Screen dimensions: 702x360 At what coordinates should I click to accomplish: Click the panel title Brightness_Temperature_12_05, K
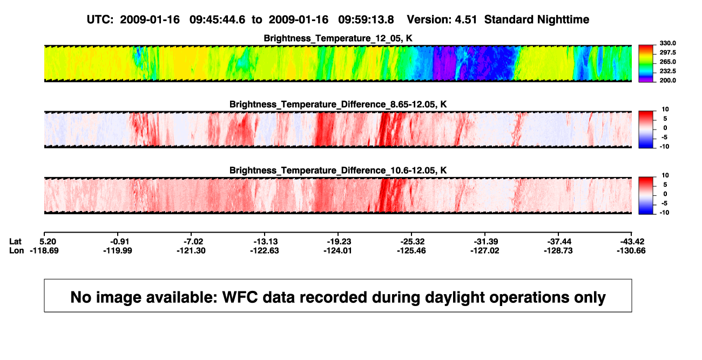(338, 38)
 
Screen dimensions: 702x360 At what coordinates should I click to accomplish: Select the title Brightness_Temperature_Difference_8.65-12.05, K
(338, 104)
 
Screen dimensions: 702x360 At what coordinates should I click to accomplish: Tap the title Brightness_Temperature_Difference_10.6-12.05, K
(338, 171)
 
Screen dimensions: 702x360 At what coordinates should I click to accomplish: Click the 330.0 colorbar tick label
(667, 43)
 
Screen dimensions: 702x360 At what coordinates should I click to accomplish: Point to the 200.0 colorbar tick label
(667, 80)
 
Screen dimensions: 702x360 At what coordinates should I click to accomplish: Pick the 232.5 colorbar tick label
(667, 71)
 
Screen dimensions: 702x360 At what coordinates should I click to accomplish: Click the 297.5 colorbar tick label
(667, 52)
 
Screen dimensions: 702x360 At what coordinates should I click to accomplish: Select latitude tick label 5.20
(48, 242)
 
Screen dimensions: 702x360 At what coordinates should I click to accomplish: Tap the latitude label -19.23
(339, 242)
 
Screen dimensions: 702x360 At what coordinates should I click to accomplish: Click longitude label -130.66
(631, 250)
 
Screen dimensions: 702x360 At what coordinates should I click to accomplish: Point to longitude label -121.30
(191, 250)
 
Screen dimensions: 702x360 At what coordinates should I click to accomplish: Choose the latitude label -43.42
(632, 242)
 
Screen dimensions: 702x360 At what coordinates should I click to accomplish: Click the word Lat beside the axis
(15, 242)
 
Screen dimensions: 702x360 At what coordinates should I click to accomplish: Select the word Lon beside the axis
(16, 250)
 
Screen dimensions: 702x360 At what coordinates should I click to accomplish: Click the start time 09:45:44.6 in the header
(217, 19)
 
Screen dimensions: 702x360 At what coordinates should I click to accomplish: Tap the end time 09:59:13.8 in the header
(366, 19)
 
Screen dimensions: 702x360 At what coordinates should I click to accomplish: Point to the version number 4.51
(466, 19)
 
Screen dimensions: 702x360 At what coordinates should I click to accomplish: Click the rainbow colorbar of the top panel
(646, 64)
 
